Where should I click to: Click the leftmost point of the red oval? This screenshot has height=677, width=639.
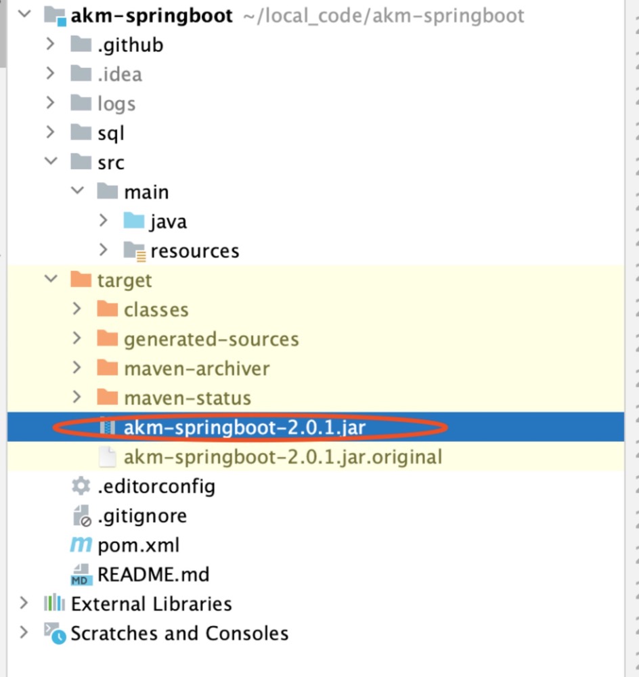coord(53,427)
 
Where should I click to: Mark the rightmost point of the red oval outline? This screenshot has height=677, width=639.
coord(447,427)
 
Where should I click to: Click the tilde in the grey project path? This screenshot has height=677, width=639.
coord(249,16)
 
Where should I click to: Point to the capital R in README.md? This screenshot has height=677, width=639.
coord(104,575)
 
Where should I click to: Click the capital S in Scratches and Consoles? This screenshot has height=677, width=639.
coord(77,634)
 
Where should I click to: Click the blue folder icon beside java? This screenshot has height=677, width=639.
coord(133,221)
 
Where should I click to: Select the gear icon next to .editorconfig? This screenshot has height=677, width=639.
coord(81,486)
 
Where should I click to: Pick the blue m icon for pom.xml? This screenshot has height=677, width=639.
coord(81,545)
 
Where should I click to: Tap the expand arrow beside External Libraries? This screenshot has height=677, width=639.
coord(24,603)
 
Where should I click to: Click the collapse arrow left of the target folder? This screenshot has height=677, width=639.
coord(51,279)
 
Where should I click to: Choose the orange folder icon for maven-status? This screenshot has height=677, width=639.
coord(108,397)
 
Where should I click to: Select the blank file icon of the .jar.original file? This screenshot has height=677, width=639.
coord(107,457)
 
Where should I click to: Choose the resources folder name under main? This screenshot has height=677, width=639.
coord(195,251)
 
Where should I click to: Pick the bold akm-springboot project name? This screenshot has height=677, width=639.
coord(152,16)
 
